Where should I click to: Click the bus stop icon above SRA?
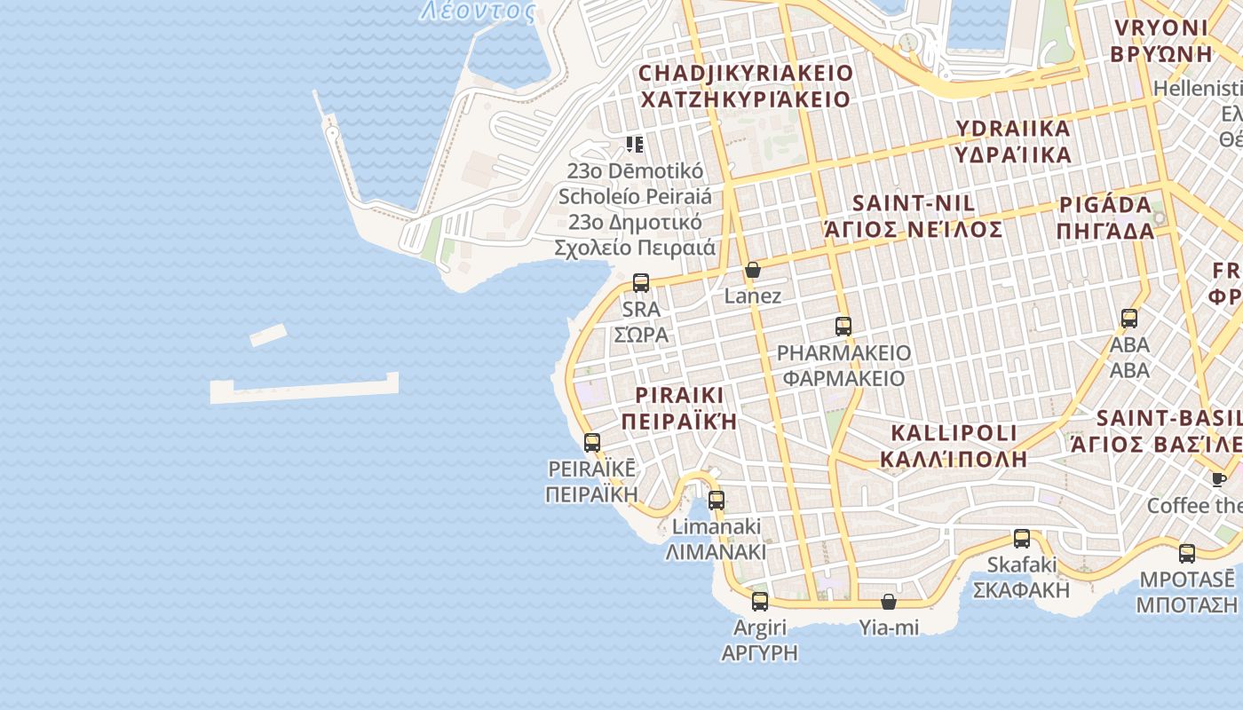(640, 283)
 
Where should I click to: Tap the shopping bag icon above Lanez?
(753, 270)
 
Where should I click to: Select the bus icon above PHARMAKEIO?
(843, 326)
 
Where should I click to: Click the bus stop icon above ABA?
(1128, 318)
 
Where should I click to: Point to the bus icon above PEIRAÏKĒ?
(592, 442)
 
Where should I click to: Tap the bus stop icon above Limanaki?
(716, 500)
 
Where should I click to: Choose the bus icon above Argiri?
(759, 601)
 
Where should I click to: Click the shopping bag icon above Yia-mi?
(888, 602)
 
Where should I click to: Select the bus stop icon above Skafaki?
(1021, 538)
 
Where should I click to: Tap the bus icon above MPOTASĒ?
(1186, 554)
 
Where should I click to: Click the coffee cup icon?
(1219, 479)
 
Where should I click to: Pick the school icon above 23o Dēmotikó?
(634, 144)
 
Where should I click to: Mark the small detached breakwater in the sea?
(268, 335)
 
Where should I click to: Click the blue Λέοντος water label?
(478, 11)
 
